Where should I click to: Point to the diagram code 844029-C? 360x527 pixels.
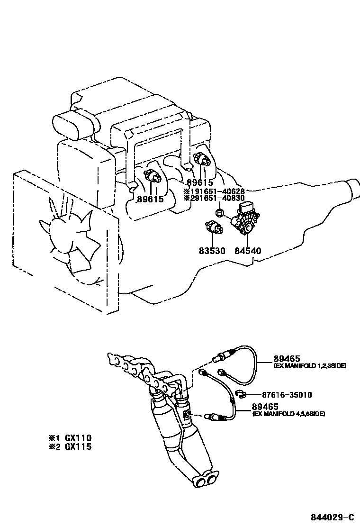[332, 517]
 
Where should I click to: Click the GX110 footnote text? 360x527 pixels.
[78, 438]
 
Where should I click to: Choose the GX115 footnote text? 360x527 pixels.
[78, 446]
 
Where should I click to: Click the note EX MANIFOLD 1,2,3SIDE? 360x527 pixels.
[310, 366]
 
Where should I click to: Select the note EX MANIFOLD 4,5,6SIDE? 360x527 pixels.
[288, 414]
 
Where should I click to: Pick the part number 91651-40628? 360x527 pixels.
[217, 191]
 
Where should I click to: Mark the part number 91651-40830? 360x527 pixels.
[217, 199]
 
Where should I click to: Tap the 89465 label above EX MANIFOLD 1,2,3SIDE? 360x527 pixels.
[283, 359]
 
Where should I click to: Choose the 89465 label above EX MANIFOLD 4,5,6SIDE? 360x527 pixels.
[265, 407]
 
